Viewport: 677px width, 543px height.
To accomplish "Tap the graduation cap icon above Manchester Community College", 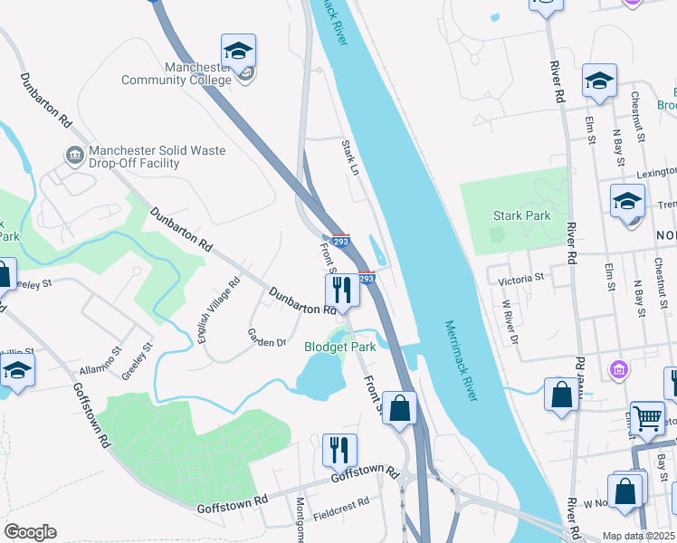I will [238, 51].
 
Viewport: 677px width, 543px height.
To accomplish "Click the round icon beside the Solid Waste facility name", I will [74, 157].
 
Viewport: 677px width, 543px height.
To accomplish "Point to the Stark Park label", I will [521, 215].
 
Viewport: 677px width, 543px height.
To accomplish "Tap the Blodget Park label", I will [339, 347].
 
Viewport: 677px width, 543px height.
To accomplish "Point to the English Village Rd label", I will [218, 310].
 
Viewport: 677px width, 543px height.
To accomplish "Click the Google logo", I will [30, 532].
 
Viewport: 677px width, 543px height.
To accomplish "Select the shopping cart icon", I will [647, 418].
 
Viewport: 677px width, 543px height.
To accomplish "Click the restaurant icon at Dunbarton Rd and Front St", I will [341, 291].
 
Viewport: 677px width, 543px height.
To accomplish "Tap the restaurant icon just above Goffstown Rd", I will [339, 450].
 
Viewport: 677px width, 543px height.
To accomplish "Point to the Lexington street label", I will [654, 171].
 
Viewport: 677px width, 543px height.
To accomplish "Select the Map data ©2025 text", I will [638, 536].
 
